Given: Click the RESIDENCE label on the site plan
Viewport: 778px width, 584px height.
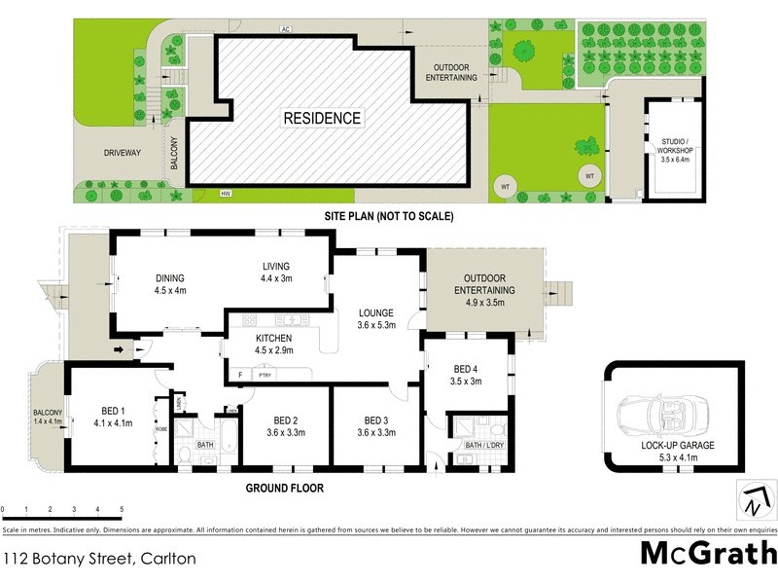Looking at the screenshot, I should click(322, 119).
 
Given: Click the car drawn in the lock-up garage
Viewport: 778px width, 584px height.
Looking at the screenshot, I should click(661, 410).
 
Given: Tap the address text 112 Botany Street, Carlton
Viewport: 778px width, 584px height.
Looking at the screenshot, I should click(99, 559).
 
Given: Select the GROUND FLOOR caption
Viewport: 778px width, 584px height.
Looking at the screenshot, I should click(284, 489).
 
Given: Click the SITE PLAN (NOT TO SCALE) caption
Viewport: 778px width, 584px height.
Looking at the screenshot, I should click(388, 216).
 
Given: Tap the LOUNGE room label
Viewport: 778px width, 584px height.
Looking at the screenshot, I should click(375, 318).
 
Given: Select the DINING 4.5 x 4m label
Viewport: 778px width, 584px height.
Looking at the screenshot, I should click(169, 283).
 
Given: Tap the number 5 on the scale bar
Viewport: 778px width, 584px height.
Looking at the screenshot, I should click(122, 509).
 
